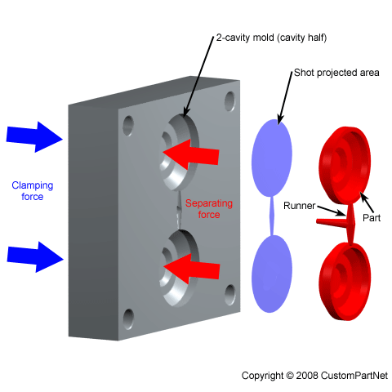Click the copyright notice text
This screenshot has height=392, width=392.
tap(314, 375)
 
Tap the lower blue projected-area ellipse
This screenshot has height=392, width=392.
tap(269, 271)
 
